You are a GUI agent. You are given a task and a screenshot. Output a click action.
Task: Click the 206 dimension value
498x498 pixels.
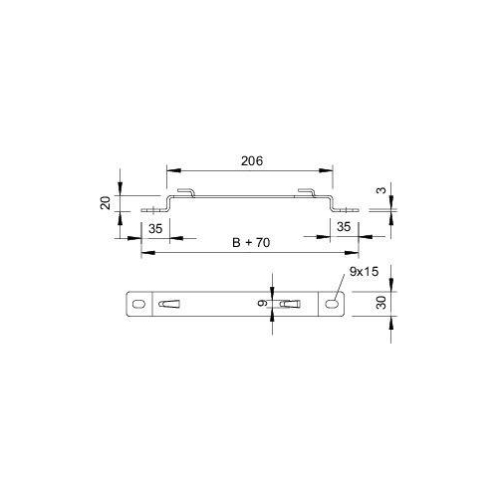coord(252,161)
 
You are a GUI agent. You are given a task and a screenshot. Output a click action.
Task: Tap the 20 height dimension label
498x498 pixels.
coord(106,203)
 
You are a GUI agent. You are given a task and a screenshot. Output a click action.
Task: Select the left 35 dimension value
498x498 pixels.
coord(155,229)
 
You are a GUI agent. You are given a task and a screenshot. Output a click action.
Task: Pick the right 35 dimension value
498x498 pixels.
coord(344,227)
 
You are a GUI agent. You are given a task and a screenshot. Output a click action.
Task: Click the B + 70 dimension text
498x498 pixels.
coord(251,243)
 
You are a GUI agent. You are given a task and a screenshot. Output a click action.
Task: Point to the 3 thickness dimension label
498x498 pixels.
coord(382,190)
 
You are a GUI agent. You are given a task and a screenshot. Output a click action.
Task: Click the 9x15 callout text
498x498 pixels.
coord(364,272)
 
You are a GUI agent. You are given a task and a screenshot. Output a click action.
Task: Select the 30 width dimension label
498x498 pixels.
coord(381,303)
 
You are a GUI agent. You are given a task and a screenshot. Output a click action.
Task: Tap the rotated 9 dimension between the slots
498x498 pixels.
coord(262,303)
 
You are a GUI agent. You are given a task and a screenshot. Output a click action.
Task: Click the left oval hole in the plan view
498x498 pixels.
coord(138,304)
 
